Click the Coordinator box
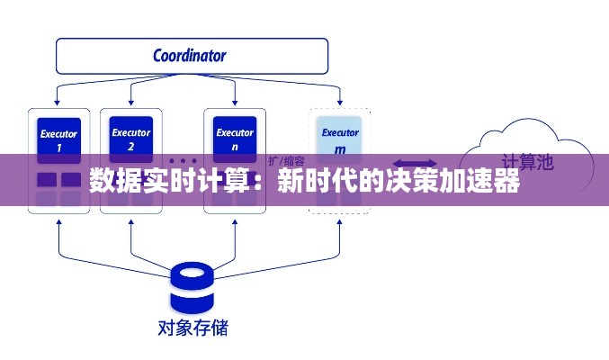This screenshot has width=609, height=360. click(189, 56)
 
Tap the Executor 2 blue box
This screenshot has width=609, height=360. click(130, 138)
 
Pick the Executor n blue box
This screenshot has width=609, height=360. click(235, 138)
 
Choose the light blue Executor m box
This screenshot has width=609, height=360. click(340, 139)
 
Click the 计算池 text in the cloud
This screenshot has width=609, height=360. click(526, 162)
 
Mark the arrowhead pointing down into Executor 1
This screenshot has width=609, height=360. click(58, 102)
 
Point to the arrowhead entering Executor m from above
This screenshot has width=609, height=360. click(340, 102)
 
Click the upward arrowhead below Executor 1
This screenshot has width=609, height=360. click(58, 219)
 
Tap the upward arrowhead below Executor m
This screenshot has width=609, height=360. click(340, 219)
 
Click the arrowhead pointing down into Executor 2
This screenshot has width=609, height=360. click(130, 102)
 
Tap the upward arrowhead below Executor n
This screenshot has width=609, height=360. click(235, 219)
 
